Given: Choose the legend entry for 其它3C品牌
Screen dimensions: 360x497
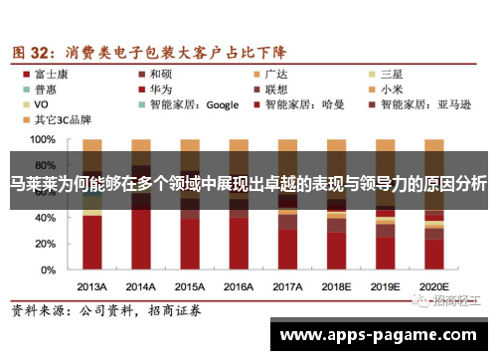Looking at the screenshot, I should (62, 118).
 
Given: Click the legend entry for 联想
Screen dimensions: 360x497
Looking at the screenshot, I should (277, 88).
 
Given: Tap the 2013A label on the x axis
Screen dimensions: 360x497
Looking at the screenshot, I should (92, 284).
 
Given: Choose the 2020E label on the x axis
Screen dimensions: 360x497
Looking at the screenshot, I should (434, 284).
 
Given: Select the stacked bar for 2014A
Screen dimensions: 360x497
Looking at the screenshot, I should (141, 205).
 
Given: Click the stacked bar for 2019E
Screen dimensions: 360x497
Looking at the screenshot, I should (386, 205).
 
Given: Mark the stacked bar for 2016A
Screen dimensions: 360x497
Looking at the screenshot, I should (239, 205).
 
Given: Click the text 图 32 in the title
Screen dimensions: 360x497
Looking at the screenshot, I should (31, 49).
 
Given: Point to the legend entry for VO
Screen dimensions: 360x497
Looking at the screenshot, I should (42, 103).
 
